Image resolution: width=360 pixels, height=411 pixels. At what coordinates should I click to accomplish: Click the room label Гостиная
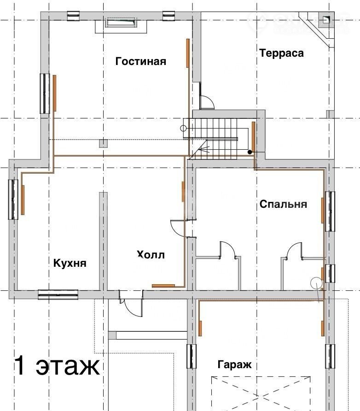point(140,61)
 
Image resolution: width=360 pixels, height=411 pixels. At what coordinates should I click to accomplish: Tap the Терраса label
point(281,53)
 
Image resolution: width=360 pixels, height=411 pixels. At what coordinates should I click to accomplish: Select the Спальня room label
point(283,204)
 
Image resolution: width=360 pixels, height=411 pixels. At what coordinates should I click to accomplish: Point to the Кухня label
point(70,263)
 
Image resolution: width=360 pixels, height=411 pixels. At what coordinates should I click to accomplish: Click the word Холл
point(151,254)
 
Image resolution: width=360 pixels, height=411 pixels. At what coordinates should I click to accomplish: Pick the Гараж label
point(235,364)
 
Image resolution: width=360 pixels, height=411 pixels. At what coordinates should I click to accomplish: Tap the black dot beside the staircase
point(250,152)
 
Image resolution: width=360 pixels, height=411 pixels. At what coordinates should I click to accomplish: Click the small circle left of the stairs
point(183,129)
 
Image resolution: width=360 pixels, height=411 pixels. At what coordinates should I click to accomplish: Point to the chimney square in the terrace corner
point(325,20)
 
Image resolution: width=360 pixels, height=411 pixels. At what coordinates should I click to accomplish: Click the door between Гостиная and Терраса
point(206,102)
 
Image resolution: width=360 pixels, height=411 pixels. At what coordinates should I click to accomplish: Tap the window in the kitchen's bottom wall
point(58,294)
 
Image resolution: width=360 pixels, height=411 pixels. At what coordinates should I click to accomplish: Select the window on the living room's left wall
point(45,94)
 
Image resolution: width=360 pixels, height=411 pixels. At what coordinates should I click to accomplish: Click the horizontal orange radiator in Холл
point(163,286)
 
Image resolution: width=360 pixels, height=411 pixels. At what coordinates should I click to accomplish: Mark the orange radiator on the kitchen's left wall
point(23,200)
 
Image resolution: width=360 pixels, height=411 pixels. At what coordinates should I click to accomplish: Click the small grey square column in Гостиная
point(104,143)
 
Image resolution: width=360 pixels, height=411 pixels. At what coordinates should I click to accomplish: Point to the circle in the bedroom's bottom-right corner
point(316,283)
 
